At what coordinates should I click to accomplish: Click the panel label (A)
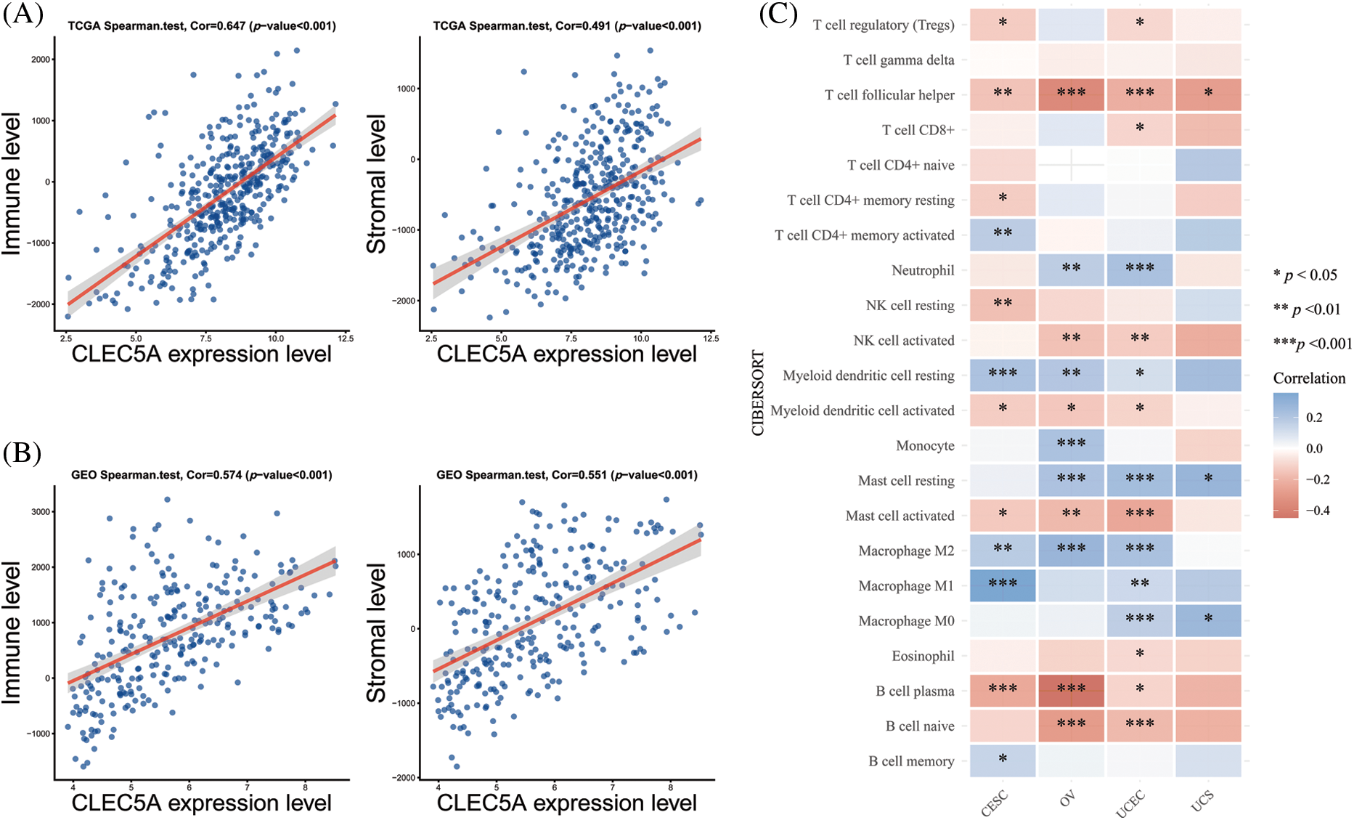pyautogui.click(x=23, y=14)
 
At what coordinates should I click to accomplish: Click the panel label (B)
pyautogui.click(x=22, y=453)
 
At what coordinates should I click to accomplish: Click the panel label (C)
pyautogui.click(x=778, y=14)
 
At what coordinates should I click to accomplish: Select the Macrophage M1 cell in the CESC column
pyautogui.click(x=1003, y=585)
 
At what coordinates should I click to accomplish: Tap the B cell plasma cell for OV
pyautogui.click(x=1071, y=691)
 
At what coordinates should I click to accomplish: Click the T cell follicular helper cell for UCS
pyautogui.click(x=1208, y=94)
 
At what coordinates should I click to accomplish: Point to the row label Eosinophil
pyautogui.click(x=923, y=656)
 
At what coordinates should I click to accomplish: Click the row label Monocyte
pyautogui.click(x=925, y=445)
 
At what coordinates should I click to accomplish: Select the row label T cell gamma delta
pyautogui.click(x=898, y=60)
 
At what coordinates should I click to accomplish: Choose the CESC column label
pyautogui.click(x=994, y=803)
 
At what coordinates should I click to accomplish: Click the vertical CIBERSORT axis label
pyautogui.click(x=758, y=393)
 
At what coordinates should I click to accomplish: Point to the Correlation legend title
pyautogui.click(x=1309, y=378)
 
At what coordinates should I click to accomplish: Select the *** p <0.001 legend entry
pyautogui.click(x=1313, y=344)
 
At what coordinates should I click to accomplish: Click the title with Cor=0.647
pyautogui.click(x=202, y=26)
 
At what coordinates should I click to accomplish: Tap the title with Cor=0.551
pyautogui.click(x=566, y=475)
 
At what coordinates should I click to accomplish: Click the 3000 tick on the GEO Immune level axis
pyautogui.click(x=41, y=511)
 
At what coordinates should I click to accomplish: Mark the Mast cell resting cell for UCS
pyautogui.click(x=1208, y=480)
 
